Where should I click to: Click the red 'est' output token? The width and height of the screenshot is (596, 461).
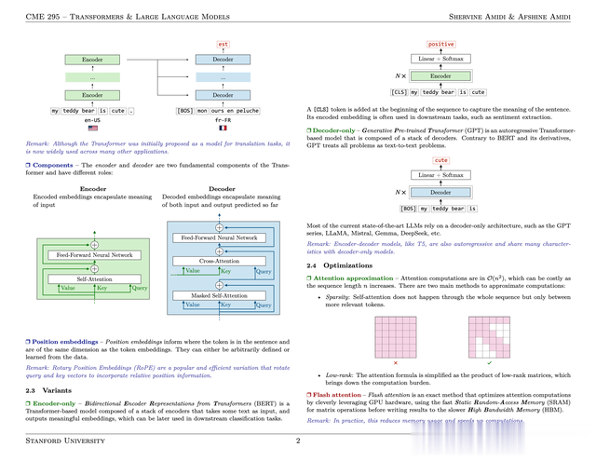point(223,43)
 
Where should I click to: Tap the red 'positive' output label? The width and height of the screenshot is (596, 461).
point(440,44)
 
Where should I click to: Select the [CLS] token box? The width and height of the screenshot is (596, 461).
point(399,92)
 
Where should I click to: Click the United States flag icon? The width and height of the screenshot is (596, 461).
point(93,128)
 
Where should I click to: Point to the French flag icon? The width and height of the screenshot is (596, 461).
point(223,128)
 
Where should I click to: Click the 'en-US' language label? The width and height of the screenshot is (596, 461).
point(93,119)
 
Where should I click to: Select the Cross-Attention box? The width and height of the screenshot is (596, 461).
point(220,262)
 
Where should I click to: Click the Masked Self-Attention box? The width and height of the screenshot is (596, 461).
point(220,295)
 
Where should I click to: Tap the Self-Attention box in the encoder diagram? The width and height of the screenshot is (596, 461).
point(93,278)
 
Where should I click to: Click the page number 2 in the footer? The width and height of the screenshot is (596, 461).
point(297,441)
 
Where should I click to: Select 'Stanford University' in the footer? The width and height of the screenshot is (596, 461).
point(65,441)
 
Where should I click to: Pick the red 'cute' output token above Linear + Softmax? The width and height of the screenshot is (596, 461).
point(440,160)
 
